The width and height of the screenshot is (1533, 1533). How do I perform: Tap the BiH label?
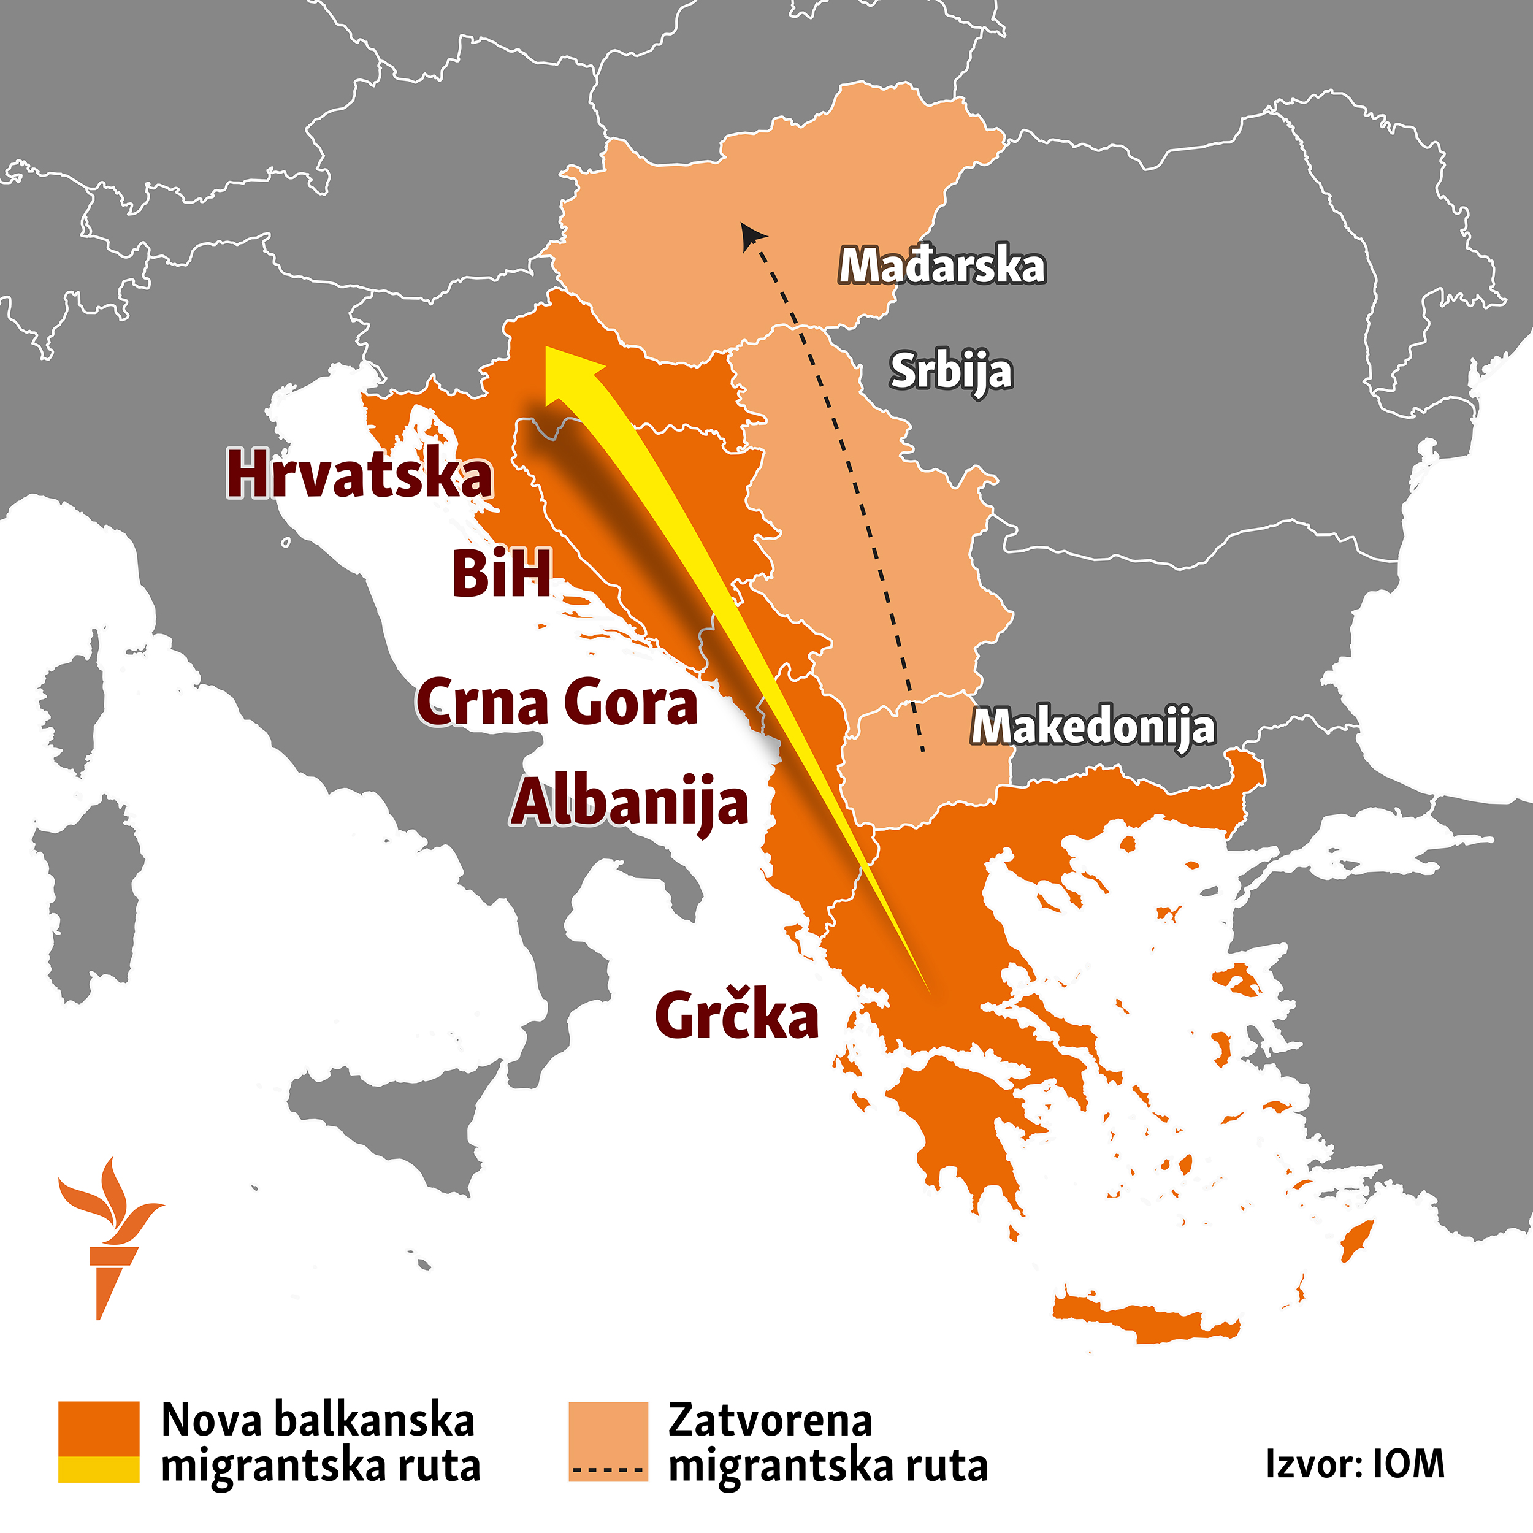click(x=502, y=574)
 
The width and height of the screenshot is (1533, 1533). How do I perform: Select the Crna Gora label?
click(x=557, y=702)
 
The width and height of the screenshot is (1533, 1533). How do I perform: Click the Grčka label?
click(x=736, y=1015)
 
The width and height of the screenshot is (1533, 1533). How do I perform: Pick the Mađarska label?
click(x=942, y=266)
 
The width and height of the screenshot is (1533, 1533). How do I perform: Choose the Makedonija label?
click(x=1093, y=726)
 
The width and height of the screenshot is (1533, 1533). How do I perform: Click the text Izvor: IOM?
click(x=1355, y=1463)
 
